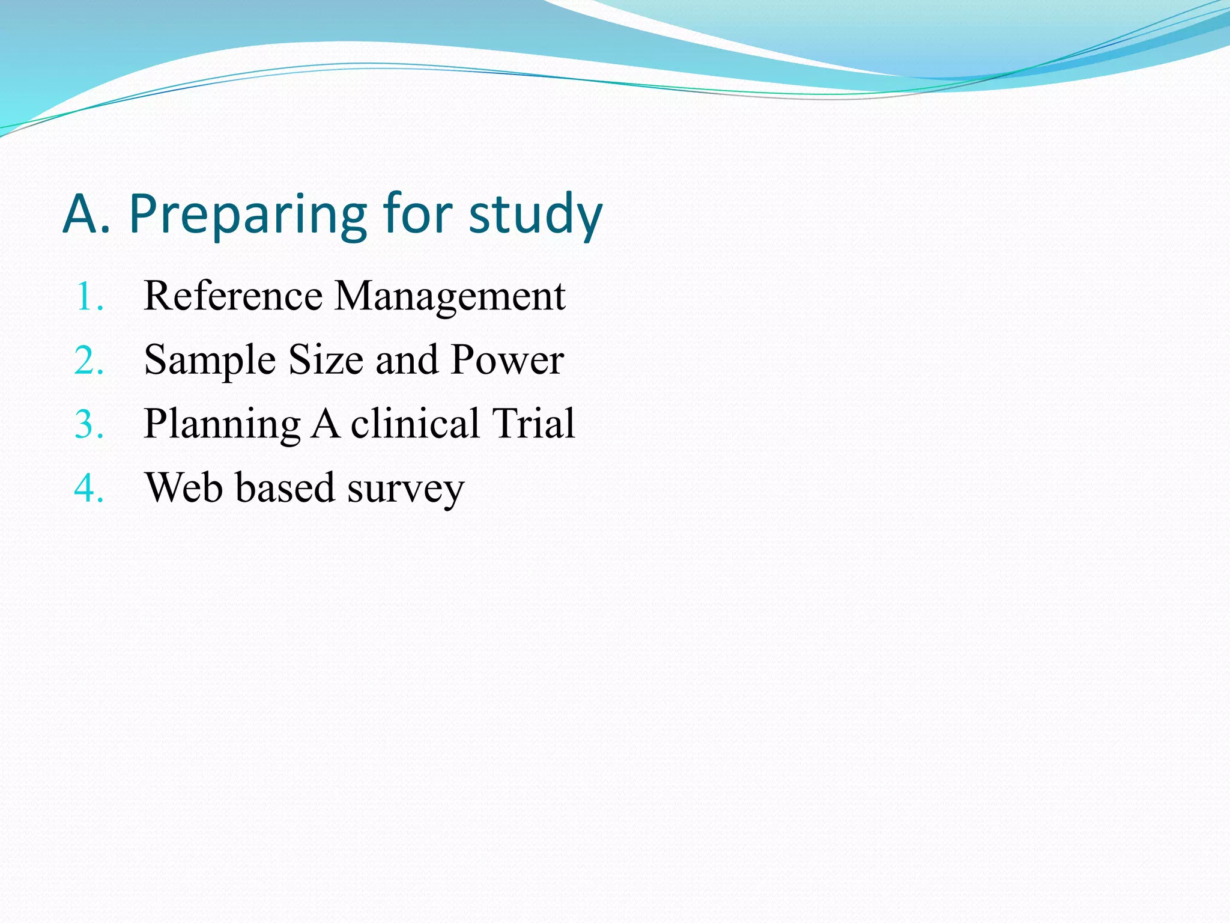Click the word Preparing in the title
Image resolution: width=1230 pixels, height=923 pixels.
[247, 215]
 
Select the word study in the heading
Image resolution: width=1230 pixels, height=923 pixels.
[535, 215]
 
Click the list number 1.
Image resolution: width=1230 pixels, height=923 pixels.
[89, 297]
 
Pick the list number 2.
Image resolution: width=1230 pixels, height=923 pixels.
[89, 361]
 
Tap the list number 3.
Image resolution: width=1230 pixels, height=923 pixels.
[89, 425]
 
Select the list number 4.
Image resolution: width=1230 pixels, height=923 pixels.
[89, 488]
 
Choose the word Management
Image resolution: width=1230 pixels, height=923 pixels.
[449, 297]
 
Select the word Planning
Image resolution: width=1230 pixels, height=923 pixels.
[222, 425]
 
